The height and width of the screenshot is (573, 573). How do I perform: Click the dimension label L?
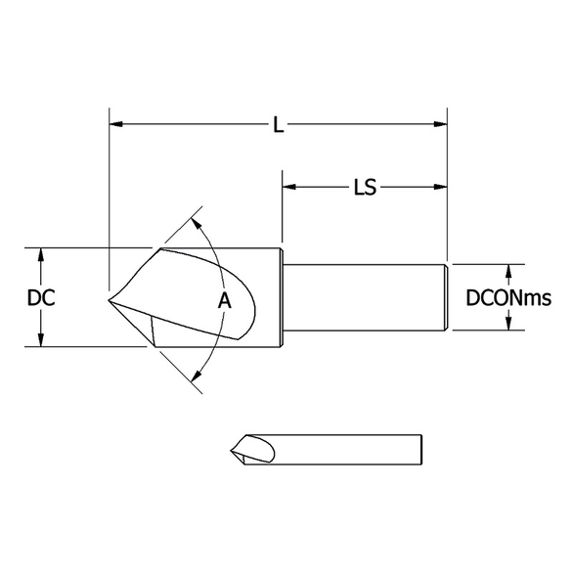coord(279,125)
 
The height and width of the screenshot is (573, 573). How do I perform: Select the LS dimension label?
coord(365,186)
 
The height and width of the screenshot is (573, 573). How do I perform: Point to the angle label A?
coord(224,302)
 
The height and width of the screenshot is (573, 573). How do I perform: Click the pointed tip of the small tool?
coord(231,450)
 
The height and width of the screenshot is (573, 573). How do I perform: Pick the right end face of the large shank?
coord(447,297)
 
